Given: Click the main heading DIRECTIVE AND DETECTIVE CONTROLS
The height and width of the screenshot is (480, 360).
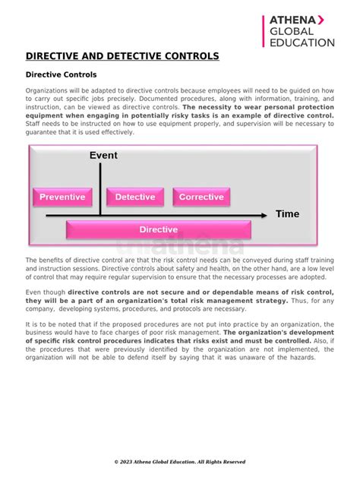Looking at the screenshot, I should coord(122,56).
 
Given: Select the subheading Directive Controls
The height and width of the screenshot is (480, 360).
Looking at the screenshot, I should coord(62,75).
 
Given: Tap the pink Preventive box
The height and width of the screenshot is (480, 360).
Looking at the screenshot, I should coord(62,197).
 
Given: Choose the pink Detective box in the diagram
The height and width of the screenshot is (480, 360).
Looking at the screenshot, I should coord(134,197).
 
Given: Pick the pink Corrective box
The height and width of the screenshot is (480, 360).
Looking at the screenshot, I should coord(201,197).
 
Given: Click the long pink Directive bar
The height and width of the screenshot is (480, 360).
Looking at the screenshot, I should coord(159,229).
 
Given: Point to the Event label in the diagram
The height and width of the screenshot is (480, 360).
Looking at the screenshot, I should coord(103,156).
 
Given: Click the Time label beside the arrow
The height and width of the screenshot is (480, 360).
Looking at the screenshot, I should coord(287,214).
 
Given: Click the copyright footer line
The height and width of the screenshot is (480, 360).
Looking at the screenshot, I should coord(180,462).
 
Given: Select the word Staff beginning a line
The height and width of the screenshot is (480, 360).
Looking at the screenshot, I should coord(35,124).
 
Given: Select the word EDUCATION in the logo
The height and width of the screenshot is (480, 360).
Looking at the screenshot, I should coord(302,43).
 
